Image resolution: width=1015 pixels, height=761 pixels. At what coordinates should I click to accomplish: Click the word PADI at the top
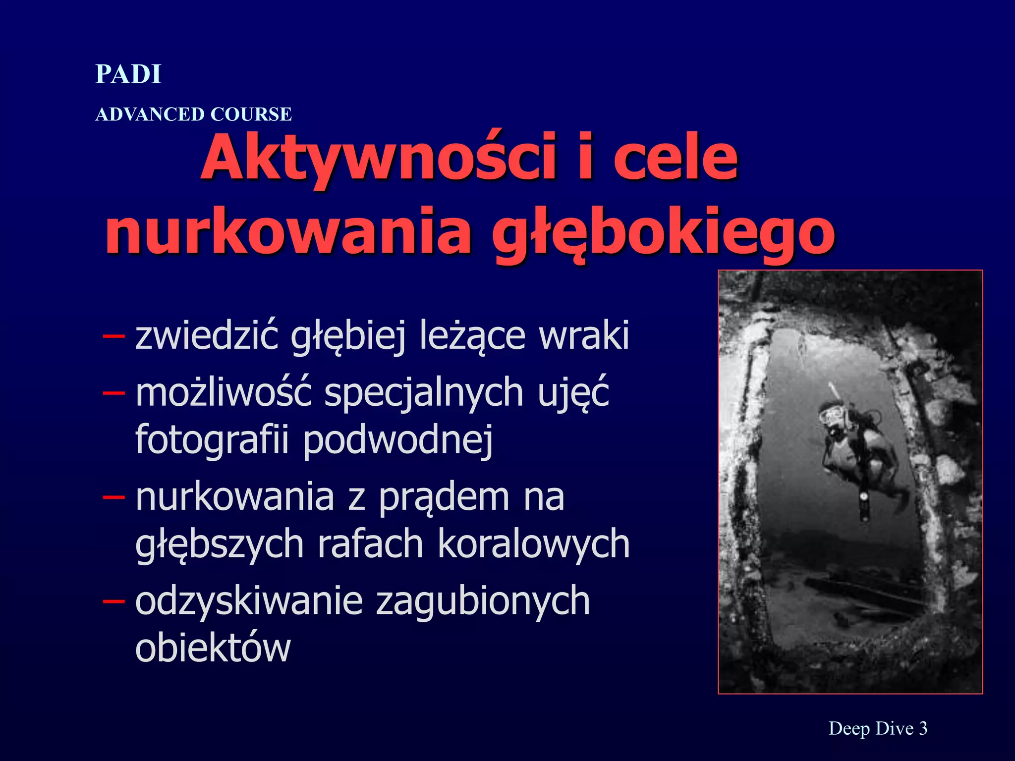point(128,74)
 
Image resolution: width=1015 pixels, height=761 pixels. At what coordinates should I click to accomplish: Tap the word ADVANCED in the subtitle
point(150,114)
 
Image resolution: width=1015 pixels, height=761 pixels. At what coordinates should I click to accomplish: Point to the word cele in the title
point(676,158)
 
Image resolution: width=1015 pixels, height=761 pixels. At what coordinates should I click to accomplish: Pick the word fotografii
point(212,439)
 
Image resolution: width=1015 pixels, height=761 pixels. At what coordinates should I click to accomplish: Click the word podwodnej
point(398,439)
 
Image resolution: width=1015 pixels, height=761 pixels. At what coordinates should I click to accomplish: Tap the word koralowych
point(533,544)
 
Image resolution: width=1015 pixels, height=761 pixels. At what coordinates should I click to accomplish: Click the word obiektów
point(213,647)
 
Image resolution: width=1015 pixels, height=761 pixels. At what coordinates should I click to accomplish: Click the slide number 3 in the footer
point(923,728)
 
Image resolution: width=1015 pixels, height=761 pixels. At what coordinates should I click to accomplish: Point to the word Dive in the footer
point(895,728)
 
